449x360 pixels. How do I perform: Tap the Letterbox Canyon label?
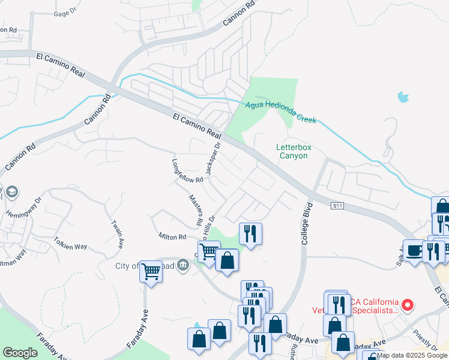[x=292, y=151]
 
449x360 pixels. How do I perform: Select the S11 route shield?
[x=338, y=206]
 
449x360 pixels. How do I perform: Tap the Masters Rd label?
[x=196, y=210]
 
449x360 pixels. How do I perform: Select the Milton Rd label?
[x=172, y=237]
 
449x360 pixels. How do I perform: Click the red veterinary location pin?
[x=408, y=305]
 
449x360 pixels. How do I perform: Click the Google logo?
[x=20, y=353]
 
